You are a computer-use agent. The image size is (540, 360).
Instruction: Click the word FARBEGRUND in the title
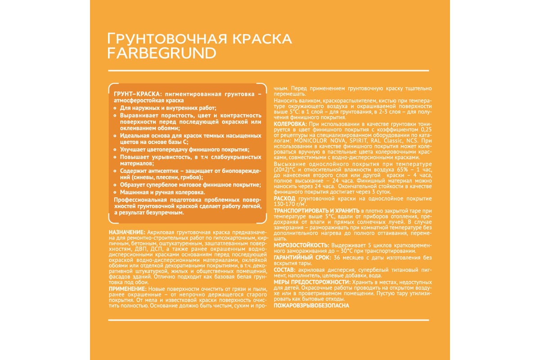click(x=162, y=53)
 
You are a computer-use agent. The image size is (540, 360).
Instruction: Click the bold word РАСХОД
click(x=284, y=198)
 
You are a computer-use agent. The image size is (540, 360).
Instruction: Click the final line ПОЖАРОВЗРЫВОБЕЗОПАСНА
click(x=311, y=306)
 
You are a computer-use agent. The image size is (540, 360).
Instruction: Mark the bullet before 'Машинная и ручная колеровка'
click(x=116, y=192)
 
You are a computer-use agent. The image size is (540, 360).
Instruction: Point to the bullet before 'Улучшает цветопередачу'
click(x=116, y=150)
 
